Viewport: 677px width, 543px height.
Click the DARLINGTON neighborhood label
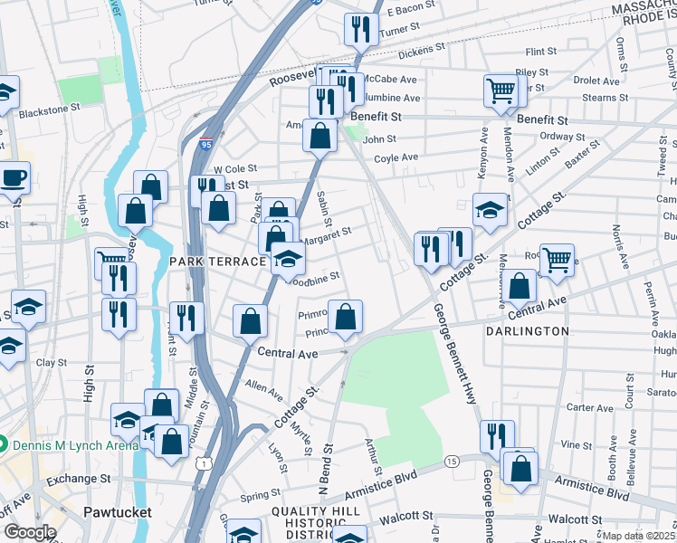pyautogui.click(x=527, y=331)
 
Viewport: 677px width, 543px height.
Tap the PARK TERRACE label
pyautogui.click(x=216, y=261)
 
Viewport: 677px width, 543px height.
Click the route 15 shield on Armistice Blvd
pyautogui.click(x=451, y=462)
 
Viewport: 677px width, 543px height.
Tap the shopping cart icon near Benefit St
pyautogui.click(x=500, y=90)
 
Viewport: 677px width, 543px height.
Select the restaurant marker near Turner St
pyautogui.click(x=360, y=28)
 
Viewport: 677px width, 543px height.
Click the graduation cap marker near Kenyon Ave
pyautogui.click(x=490, y=209)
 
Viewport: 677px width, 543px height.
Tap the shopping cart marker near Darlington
pyautogui.click(x=557, y=260)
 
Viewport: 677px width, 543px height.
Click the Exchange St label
pyautogui.click(x=78, y=478)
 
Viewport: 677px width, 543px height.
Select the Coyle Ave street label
pyautogui.click(x=396, y=157)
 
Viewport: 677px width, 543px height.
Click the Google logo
pyautogui.click(x=29, y=532)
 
